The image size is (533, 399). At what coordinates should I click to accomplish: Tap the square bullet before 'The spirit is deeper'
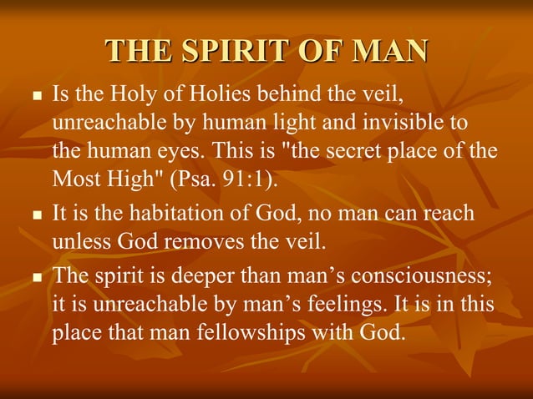point(35,278)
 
